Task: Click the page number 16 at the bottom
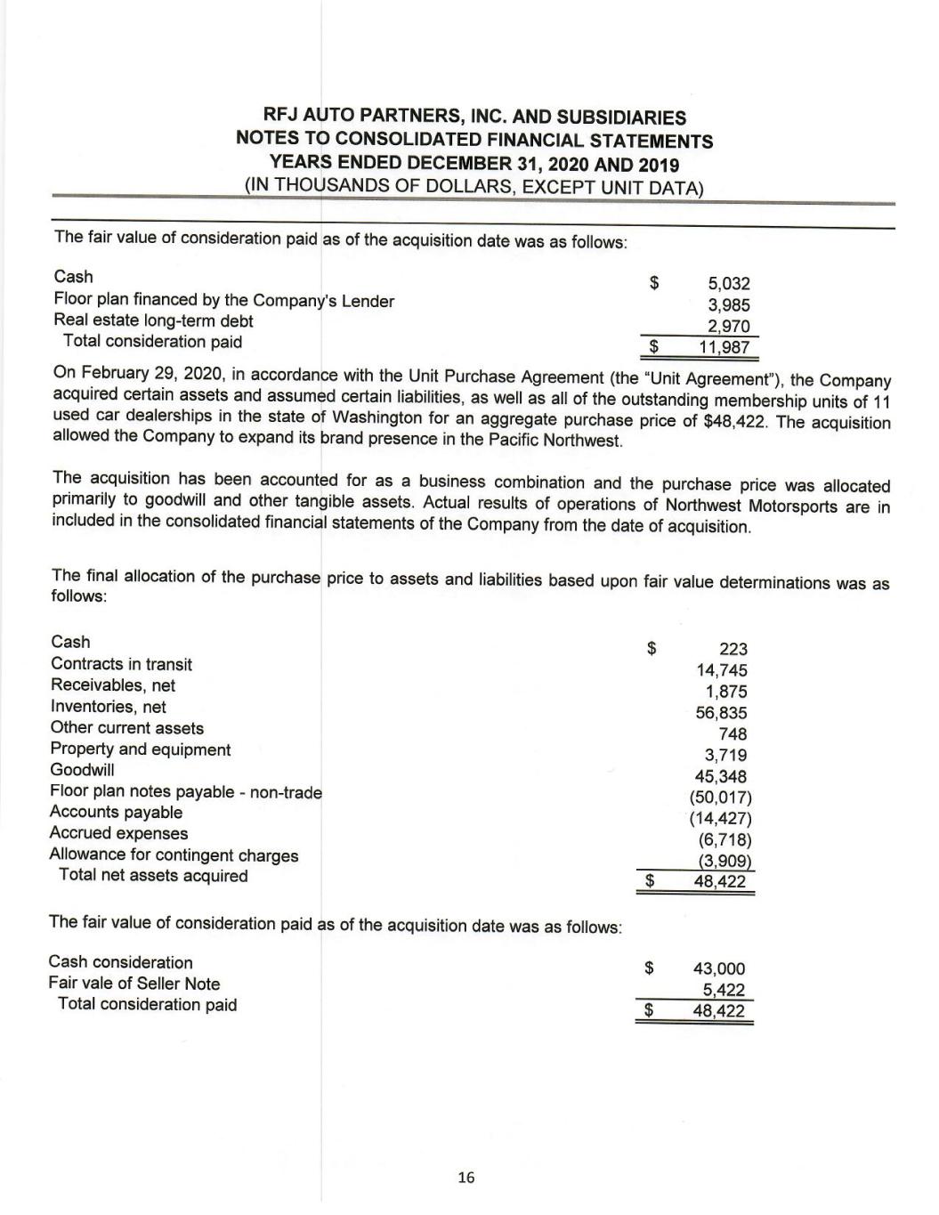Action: coord(465,1178)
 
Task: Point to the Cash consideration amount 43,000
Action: coord(719,969)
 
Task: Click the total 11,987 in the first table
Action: coord(725,347)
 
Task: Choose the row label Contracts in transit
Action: coord(121,664)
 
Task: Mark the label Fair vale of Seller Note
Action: coord(134,984)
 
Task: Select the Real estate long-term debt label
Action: coord(153,320)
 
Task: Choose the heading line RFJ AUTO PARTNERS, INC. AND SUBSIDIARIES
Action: coord(475,117)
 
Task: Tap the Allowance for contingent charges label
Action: coord(174,855)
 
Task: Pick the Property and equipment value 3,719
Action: coord(725,756)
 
